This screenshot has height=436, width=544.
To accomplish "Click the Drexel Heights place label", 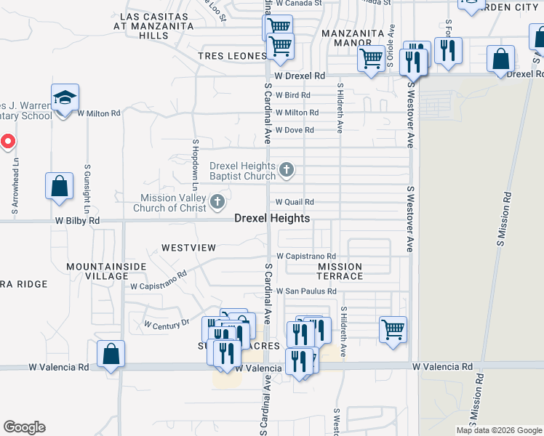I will pyautogui.click(x=272, y=218).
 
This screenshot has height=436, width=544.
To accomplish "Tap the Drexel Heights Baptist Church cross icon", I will pyautogui.click(x=287, y=171).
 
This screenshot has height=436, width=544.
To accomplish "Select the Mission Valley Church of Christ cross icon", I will pyautogui.click(x=217, y=203).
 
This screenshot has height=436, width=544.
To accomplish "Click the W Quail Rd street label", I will pyautogui.click(x=295, y=202).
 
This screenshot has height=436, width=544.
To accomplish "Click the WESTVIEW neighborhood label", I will pyautogui.click(x=188, y=248).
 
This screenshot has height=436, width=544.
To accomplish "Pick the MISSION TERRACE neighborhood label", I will pyautogui.click(x=340, y=271).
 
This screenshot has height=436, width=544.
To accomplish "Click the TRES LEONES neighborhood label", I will pyautogui.click(x=233, y=56).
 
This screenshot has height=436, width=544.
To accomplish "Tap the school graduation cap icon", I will pyautogui.click(x=65, y=97).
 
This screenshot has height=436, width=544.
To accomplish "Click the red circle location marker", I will pyautogui.click(x=7, y=141).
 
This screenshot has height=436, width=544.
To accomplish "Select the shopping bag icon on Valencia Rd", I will pyautogui.click(x=111, y=355).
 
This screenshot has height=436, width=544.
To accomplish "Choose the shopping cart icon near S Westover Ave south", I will pyautogui.click(x=393, y=329).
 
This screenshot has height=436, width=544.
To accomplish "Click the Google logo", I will pyautogui.click(x=24, y=427).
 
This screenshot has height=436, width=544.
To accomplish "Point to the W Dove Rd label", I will pyautogui.click(x=294, y=130).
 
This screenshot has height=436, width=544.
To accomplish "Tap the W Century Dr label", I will pyautogui.click(x=167, y=323).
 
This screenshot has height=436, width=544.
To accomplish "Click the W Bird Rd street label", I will pyautogui.click(x=292, y=95).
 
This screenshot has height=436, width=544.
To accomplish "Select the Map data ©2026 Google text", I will pyautogui.click(x=499, y=430).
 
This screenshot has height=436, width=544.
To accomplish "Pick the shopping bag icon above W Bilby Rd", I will pyautogui.click(x=59, y=185).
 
